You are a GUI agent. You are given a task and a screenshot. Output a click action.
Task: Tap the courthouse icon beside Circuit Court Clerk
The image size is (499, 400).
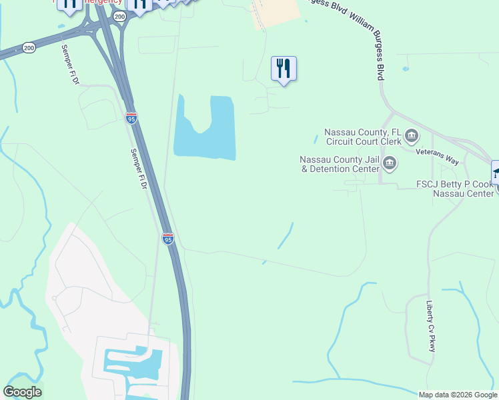(412, 137)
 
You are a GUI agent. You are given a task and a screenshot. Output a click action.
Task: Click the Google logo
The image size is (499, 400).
(22, 392)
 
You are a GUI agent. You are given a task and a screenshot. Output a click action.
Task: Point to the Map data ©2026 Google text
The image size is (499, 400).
(458, 395)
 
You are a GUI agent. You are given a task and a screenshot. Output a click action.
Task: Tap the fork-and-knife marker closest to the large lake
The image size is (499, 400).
(284, 68)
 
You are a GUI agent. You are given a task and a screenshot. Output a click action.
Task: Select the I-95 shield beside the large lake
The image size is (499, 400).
(131, 119)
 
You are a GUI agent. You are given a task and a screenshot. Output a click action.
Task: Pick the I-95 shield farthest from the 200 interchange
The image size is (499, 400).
(168, 239)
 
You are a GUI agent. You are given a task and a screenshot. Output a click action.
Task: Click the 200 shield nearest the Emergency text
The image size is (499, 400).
(119, 16)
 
